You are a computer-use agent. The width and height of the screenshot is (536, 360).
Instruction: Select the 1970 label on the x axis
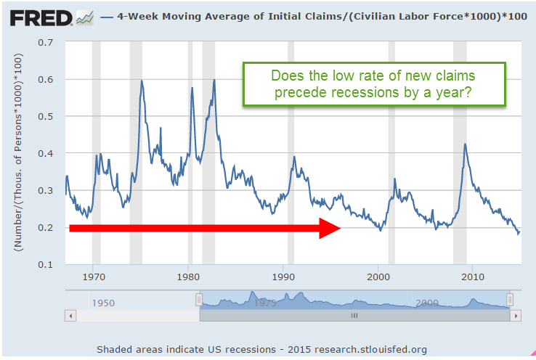93,276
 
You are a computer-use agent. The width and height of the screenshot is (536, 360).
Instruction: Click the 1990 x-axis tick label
283,276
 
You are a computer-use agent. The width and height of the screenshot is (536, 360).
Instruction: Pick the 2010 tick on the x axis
473,276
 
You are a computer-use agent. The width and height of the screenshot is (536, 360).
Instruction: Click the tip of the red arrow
340,228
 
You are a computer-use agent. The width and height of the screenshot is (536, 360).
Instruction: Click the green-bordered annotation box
373,86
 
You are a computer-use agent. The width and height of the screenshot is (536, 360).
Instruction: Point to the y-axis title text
17,154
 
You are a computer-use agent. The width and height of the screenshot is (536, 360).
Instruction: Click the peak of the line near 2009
465,144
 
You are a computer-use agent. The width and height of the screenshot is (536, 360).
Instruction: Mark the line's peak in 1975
141,81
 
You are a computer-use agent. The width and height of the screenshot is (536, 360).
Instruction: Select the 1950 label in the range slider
103,302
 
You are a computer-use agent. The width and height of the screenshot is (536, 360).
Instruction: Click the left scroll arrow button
70,316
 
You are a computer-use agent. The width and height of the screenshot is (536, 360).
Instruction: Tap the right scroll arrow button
515,316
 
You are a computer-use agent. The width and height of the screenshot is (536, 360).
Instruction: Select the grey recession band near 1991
291,152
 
